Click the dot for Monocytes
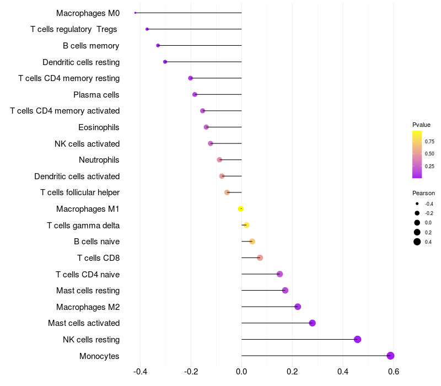click(390, 356)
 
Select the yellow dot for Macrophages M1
click(240, 209)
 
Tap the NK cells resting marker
click(357, 339)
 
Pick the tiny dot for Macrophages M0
click(135, 13)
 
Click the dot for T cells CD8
click(260, 258)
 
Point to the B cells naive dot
click(252, 242)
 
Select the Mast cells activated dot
click(312, 323)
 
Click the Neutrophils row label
click(99, 160)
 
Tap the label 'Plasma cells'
click(96, 95)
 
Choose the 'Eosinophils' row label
click(99, 127)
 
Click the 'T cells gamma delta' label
click(83, 226)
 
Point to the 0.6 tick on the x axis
click(394, 372)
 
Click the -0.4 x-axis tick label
click(141, 372)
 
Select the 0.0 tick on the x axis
click(241, 372)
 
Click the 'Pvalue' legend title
click(421, 125)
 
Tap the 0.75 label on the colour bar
click(429, 142)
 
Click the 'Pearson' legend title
click(423, 193)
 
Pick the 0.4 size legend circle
click(417, 242)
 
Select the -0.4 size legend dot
click(417, 203)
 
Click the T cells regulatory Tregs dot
click(147, 29)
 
